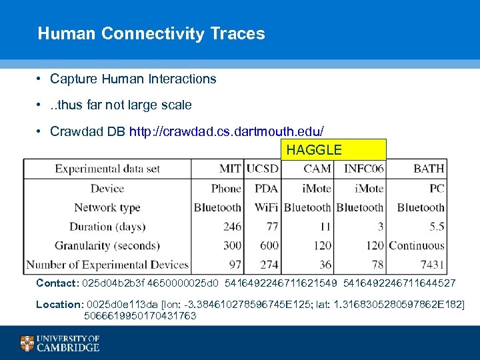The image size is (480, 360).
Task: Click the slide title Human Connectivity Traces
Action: click(151, 33)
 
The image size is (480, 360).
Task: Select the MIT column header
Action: click(230, 169)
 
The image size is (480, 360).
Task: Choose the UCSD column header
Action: click(262, 169)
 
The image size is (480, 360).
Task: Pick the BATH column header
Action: click(429, 169)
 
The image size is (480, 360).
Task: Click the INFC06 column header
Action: click(364, 169)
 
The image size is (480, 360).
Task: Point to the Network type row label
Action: click(107, 207)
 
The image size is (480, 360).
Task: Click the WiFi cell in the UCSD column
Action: click(266, 207)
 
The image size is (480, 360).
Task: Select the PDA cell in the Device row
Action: click(266, 189)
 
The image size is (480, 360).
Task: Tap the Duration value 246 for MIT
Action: click(232, 227)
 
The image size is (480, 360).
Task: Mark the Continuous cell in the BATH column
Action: click(417, 246)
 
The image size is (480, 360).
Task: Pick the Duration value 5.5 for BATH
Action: click(436, 227)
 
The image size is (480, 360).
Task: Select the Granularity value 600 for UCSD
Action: click(268, 246)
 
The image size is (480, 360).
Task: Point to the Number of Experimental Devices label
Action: click(107, 265)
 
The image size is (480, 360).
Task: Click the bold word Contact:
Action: click(57, 283)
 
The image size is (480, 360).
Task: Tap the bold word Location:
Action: click(59, 305)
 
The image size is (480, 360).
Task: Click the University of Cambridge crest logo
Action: click(27, 343)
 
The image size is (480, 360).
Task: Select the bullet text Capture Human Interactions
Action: click(133, 79)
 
